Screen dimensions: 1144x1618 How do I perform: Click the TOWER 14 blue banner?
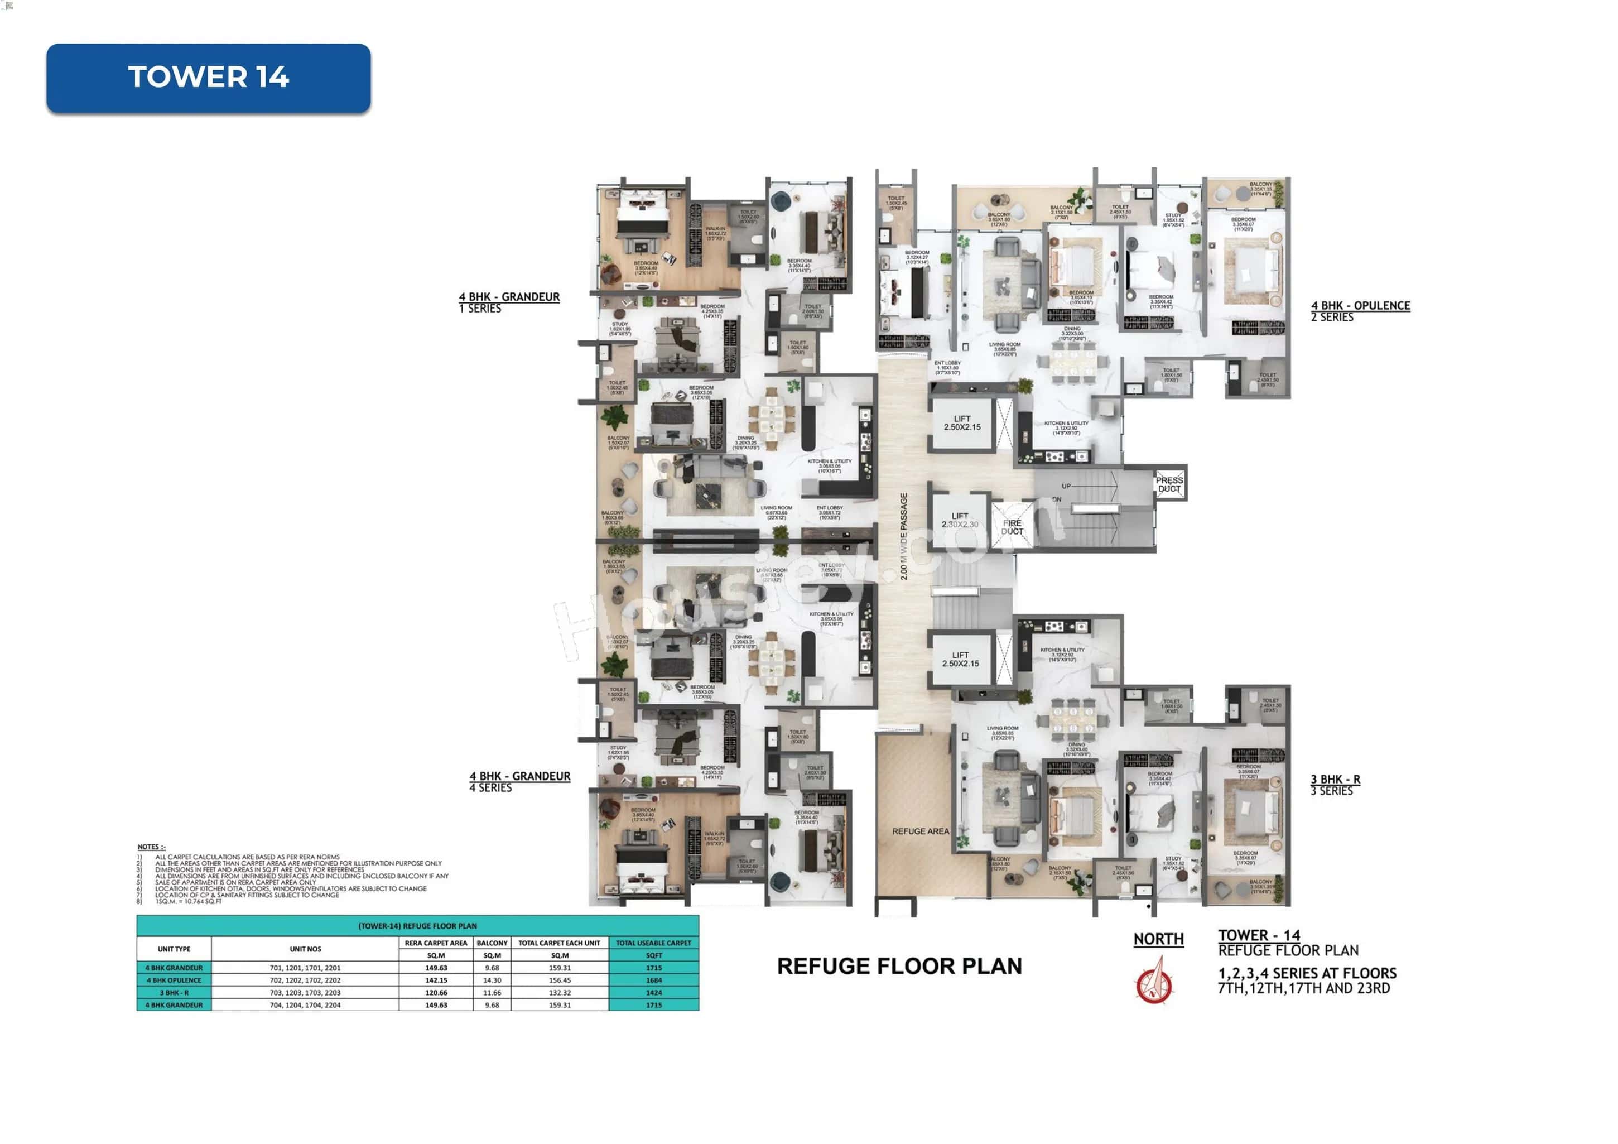[x=209, y=78]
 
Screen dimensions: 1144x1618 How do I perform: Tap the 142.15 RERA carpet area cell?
[x=436, y=980]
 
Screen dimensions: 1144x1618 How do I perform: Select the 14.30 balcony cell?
[x=492, y=980]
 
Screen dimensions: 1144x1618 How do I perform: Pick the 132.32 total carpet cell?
[x=560, y=992]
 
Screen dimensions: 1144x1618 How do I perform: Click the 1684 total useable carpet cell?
[x=653, y=980]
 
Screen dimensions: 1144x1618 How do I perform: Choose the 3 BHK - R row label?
[x=174, y=992]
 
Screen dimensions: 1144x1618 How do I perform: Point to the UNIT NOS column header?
[x=305, y=949]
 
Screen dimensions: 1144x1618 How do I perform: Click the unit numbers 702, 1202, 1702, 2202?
[x=305, y=980]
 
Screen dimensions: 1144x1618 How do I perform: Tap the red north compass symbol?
[x=1154, y=981]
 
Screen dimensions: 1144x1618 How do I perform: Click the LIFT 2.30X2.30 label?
[x=959, y=520]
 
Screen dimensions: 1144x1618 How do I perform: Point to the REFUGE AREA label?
[x=921, y=831]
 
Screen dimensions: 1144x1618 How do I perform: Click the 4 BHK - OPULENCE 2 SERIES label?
[x=1360, y=311]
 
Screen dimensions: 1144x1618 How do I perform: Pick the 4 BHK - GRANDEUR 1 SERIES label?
[x=509, y=302]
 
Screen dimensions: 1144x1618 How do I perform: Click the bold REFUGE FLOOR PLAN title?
[x=899, y=965]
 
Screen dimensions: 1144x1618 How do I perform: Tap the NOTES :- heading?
[x=152, y=847]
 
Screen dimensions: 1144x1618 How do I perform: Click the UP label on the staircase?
[x=1066, y=486]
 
